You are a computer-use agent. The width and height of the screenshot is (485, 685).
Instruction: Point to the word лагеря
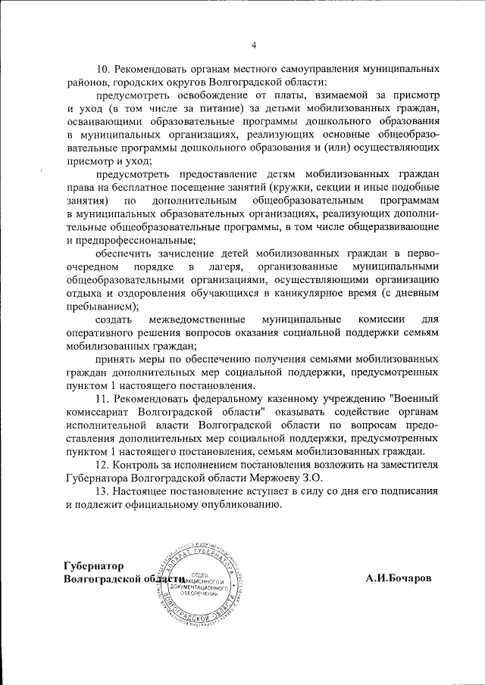[x=228, y=267]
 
